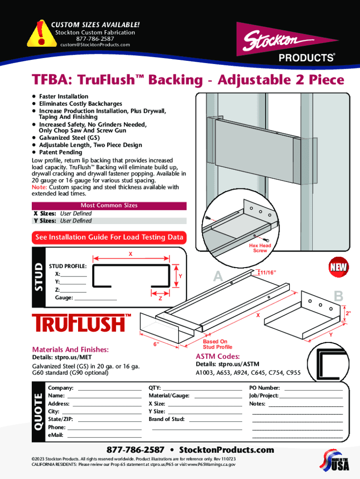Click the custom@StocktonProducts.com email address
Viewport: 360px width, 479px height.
tap(95, 45)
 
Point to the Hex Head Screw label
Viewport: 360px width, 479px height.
tap(260, 248)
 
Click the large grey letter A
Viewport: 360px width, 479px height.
tap(218, 277)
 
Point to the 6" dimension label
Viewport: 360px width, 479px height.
tap(158, 345)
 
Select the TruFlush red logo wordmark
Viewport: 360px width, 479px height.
tap(78, 323)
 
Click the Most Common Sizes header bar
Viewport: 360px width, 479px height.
tap(109, 205)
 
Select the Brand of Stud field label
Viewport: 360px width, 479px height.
tap(166, 419)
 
